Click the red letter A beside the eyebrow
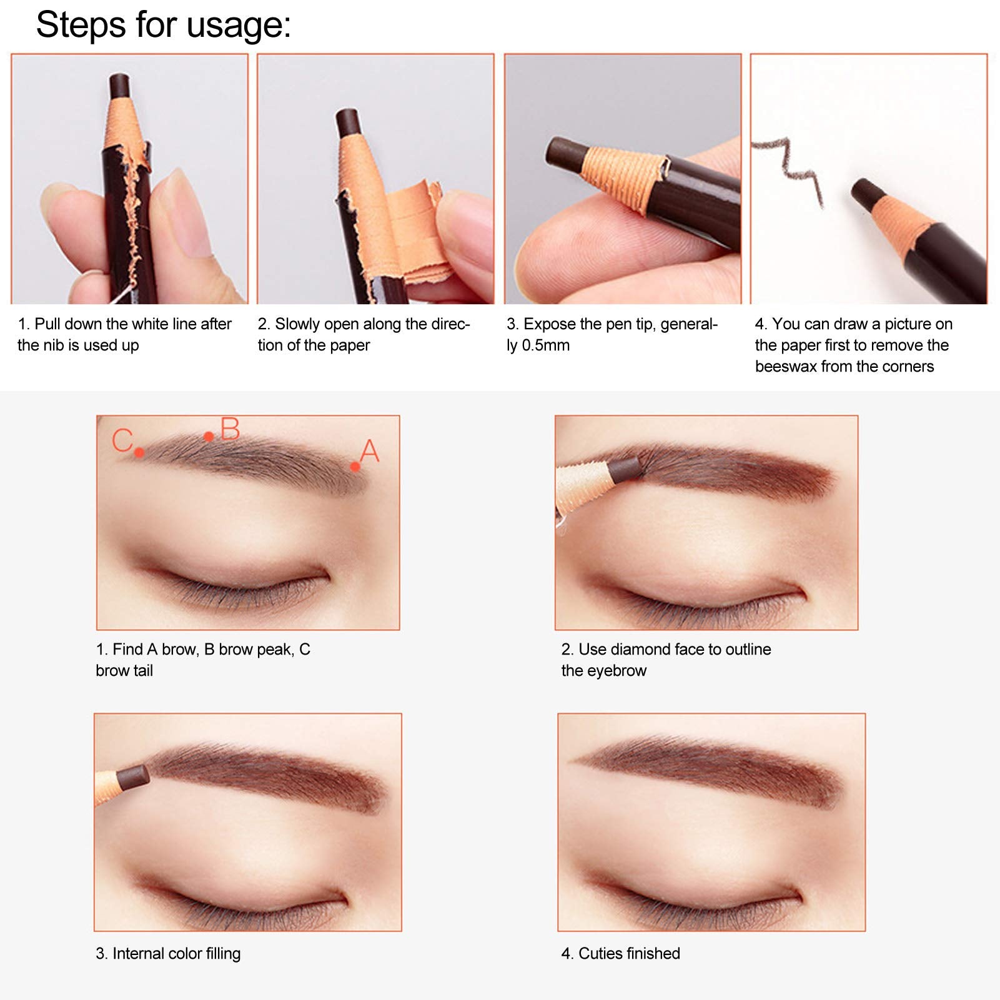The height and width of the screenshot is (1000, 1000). pyautogui.click(x=370, y=450)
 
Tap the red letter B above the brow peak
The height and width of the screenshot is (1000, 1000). pyautogui.click(x=230, y=429)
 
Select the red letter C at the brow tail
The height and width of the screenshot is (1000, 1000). pyautogui.click(x=122, y=440)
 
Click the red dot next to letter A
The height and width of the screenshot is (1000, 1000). pyautogui.click(x=355, y=467)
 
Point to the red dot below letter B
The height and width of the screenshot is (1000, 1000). pyautogui.click(x=209, y=437)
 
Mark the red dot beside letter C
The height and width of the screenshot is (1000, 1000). pyautogui.click(x=139, y=452)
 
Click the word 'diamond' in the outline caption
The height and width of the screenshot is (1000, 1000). pyautogui.click(x=640, y=650)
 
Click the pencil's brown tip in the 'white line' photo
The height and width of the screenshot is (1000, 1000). pyautogui.click(x=120, y=86)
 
